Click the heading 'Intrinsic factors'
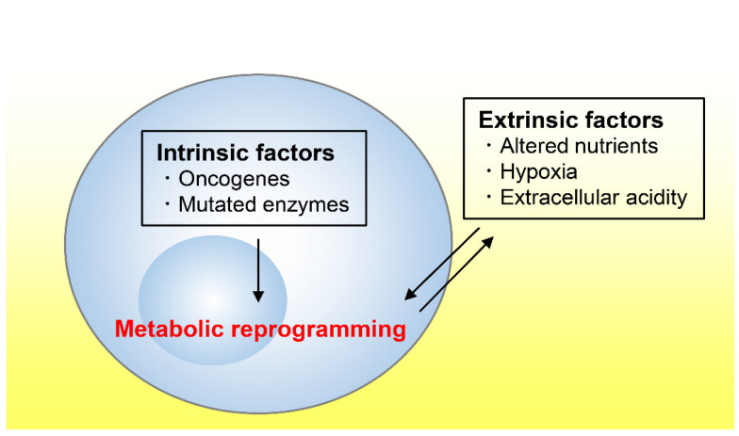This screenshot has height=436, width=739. pyautogui.click(x=245, y=153)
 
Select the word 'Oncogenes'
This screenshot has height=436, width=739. pyautogui.click(x=234, y=179)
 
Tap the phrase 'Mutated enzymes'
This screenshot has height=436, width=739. pyautogui.click(x=264, y=205)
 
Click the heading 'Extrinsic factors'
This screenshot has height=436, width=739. pyautogui.click(x=571, y=121)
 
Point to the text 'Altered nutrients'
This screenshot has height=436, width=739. pyautogui.click(x=579, y=146)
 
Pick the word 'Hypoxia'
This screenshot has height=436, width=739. pyautogui.click(x=539, y=171)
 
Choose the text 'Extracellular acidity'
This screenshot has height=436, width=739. pyautogui.click(x=594, y=198)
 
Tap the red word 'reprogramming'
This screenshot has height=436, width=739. pyautogui.click(x=319, y=330)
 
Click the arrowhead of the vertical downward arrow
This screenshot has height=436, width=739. pyautogui.click(x=258, y=296)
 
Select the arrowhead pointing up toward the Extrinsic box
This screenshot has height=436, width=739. pyautogui.click(x=488, y=241)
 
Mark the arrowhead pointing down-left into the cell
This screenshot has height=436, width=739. pyautogui.click(x=410, y=294)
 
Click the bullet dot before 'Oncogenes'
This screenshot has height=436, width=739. pyautogui.click(x=168, y=178)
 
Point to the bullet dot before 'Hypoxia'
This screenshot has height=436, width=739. pyautogui.click(x=488, y=170)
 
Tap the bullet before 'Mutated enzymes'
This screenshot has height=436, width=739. pyautogui.click(x=168, y=203)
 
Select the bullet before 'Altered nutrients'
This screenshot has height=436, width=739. pyautogui.click(x=488, y=145)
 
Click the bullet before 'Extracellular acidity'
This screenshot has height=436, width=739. pyautogui.click(x=488, y=196)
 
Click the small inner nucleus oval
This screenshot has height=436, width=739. pyautogui.click(x=213, y=300)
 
